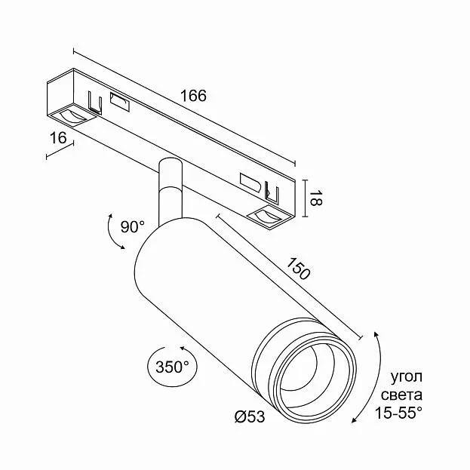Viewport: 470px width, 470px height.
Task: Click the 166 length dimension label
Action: coord(193,96)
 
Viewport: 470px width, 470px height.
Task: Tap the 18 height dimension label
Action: coord(315,198)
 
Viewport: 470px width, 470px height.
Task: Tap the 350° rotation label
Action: coord(172,367)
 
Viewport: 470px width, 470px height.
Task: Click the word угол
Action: coord(406,377)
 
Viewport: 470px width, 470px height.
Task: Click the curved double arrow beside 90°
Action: coord(110,234)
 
